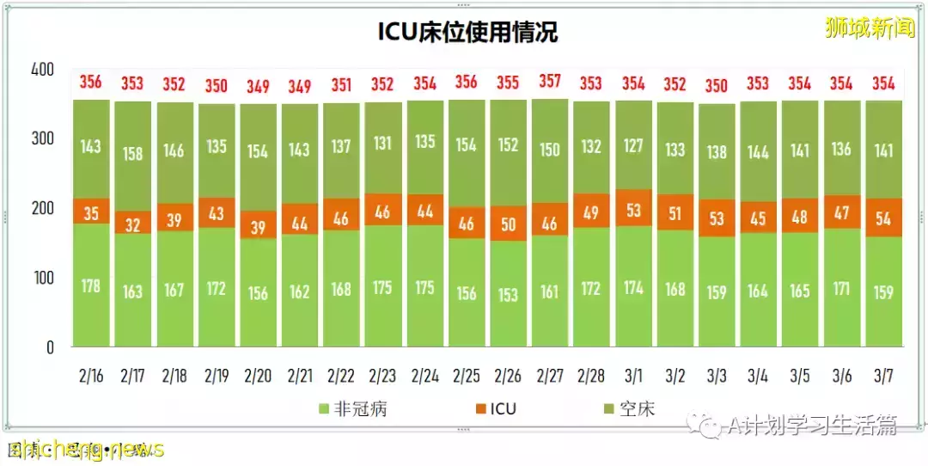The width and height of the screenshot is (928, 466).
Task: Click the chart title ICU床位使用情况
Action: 468,32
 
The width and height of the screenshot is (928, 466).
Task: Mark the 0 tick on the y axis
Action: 49,347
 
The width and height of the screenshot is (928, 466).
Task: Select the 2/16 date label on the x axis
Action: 91,375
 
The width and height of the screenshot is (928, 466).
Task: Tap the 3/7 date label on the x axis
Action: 882,375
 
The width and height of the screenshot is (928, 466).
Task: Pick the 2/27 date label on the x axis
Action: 549,375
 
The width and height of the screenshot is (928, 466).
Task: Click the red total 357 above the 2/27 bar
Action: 549,82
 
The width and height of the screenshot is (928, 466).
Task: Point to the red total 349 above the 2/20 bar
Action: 258,86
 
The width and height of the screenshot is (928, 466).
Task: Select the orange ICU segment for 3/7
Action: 882,218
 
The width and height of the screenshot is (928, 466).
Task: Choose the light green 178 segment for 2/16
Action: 91,285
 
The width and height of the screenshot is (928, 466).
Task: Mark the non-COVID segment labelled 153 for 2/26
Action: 508,294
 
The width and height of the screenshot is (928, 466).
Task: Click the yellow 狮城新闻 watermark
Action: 869,28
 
